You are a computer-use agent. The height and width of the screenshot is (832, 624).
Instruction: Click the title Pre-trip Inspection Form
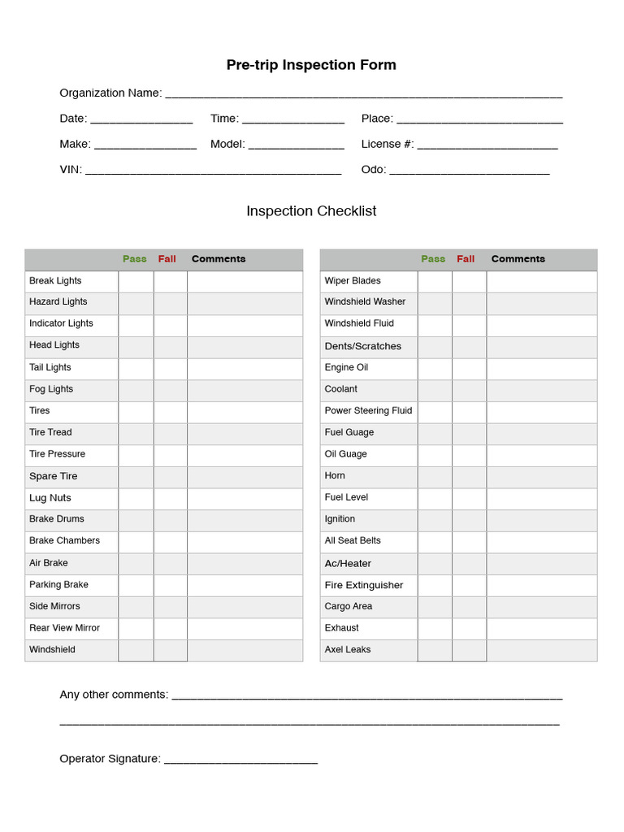[311, 65]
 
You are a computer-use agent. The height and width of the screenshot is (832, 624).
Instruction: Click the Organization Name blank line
[363, 94]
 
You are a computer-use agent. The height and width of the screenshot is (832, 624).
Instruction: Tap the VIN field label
[70, 169]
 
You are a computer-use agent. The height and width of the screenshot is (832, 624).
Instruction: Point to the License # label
[387, 144]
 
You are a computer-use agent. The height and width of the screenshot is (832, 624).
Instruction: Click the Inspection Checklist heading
[311, 211]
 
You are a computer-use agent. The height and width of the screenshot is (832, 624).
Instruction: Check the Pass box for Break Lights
[136, 281]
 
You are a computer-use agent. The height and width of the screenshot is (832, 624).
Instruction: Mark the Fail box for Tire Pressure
[171, 454]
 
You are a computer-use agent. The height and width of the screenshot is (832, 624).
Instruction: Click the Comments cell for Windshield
[245, 650]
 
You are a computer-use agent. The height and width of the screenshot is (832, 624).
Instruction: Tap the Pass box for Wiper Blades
[435, 281]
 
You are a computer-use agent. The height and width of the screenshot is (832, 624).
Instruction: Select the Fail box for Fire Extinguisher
[469, 585]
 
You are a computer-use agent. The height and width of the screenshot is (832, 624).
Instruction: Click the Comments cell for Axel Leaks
[541, 650]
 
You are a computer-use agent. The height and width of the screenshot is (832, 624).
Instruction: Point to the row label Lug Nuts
[50, 498]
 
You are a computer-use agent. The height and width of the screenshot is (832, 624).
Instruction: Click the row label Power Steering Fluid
[368, 411]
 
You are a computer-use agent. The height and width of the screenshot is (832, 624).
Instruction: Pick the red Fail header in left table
[167, 259]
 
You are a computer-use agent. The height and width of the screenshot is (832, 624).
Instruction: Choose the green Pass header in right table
[433, 259]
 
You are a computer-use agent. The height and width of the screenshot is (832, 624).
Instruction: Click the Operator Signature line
[240, 760]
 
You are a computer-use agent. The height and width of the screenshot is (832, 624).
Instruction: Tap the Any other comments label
[114, 695]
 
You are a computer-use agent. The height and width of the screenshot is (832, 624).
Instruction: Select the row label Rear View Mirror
[64, 628]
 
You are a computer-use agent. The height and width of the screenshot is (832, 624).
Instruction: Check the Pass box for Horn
[435, 476]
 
